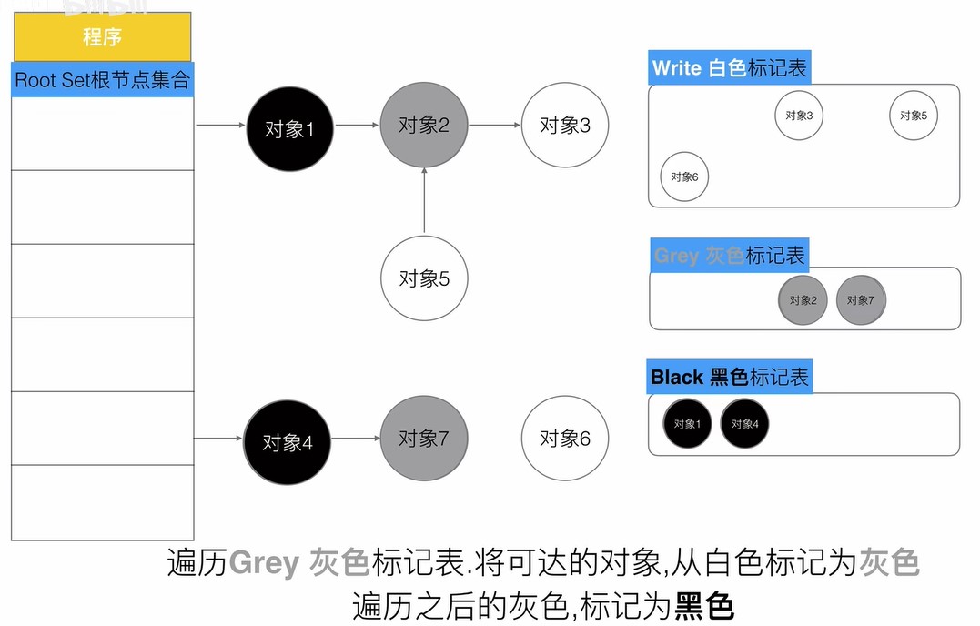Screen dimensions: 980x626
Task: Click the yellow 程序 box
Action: [x=103, y=37]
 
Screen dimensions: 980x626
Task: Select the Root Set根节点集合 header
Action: [x=103, y=79]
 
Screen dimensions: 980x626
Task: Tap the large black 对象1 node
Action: [x=290, y=128]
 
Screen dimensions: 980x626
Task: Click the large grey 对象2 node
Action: [x=424, y=125]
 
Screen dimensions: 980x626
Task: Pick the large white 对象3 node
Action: [x=565, y=125]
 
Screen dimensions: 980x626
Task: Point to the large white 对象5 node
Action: [x=424, y=278]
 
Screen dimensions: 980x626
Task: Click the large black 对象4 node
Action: [x=287, y=442]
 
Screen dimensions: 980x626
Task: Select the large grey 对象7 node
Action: [x=424, y=438]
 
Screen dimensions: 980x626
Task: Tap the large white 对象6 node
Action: [x=565, y=438]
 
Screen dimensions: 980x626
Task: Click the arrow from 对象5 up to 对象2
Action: [x=424, y=200]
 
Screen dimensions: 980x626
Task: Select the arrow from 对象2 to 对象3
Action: [x=494, y=125]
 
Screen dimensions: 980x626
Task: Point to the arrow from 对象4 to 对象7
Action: [x=356, y=438]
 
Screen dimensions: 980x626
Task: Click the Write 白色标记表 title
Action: [x=730, y=67]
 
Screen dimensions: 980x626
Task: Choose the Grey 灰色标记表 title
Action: [x=730, y=255]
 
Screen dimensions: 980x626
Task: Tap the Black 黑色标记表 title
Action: [x=730, y=377]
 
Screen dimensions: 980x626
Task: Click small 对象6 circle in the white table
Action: [x=684, y=177]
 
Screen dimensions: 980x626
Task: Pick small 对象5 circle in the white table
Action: [x=914, y=116]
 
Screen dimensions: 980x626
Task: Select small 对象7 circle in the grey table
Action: [x=861, y=300]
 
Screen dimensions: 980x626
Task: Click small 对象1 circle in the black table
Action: [x=687, y=424]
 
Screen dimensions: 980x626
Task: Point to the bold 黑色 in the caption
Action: [x=704, y=605]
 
